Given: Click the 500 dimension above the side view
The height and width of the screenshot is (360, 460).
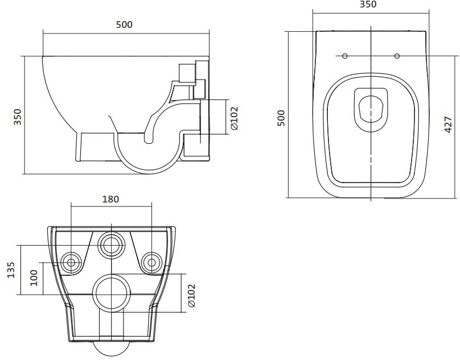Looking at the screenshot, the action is (x=124, y=24).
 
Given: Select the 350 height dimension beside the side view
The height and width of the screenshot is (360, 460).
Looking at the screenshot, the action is (x=18, y=117).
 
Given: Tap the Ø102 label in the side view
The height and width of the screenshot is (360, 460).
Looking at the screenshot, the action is (x=234, y=118).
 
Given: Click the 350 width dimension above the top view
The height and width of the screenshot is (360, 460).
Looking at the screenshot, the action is (x=368, y=5).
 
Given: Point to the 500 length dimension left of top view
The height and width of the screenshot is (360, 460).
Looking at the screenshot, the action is (x=281, y=118).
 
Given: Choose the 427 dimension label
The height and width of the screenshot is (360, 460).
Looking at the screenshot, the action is (x=448, y=125).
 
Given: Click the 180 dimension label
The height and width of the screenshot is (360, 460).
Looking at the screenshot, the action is (x=110, y=200).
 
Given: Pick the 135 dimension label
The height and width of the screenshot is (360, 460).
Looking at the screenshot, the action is (x=11, y=270).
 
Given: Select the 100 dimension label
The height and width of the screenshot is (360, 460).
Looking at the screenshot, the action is (x=34, y=278).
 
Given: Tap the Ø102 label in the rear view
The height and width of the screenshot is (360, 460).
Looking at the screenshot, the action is (x=191, y=296).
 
